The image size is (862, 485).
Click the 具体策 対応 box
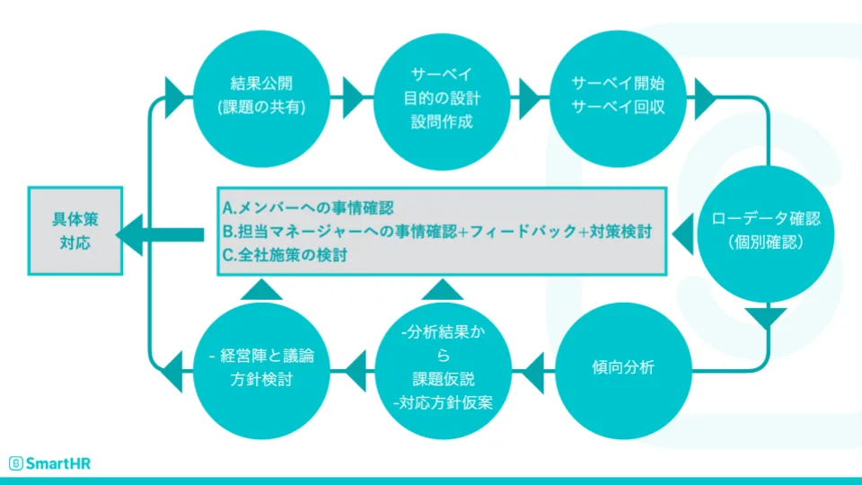(x=75, y=231)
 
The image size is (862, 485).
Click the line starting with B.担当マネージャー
(x=435, y=231)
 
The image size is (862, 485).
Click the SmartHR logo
(x=50, y=463)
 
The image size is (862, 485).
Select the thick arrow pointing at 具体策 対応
(x=162, y=234)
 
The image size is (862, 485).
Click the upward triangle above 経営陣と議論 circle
(x=262, y=288)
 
